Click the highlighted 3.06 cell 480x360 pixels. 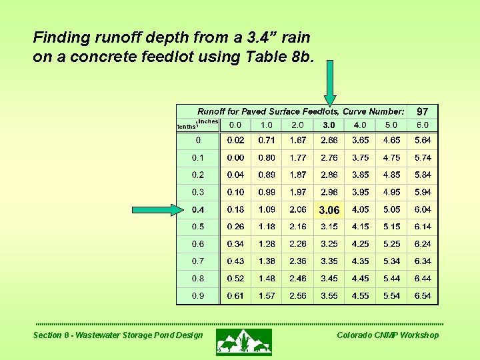coord(329,210)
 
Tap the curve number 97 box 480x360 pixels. coord(423,111)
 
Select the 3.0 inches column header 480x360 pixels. coord(329,125)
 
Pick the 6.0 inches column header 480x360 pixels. coord(423,125)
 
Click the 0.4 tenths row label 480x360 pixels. coord(198,210)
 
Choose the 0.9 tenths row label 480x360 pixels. coord(198,296)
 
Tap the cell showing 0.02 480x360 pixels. coord(235,141)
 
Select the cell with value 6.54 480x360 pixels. coord(423,296)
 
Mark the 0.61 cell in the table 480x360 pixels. coord(235,296)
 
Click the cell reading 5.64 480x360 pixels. coord(423,141)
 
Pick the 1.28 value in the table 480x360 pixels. coord(267,244)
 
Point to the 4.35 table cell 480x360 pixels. coord(360,261)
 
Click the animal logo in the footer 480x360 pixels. coord(243,341)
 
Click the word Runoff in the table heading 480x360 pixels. coord(213,111)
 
